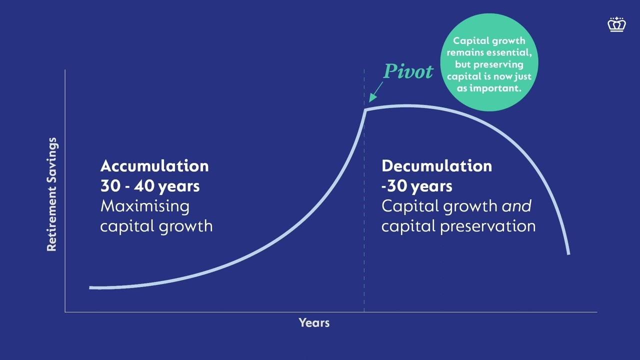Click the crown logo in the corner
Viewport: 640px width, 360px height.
(617, 24)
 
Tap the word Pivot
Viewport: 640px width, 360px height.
(408, 71)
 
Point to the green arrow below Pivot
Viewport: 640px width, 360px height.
(375, 92)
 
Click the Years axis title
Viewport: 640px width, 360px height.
(314, 323)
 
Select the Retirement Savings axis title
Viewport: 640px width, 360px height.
(51, 194)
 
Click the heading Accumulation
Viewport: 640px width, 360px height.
(154, 166)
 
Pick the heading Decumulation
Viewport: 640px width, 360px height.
(437, 166)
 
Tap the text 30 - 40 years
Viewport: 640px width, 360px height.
(150, 186)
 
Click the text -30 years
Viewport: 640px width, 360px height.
(417, 186)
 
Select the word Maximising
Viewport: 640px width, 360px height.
(145, 206)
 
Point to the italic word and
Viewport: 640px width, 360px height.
(516, 206)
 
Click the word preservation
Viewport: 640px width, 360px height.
(487, 226)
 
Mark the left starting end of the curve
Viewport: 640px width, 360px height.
(90, 287)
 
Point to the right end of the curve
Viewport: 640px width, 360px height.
(568, 253)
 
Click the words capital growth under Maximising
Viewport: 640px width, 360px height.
(156, 226)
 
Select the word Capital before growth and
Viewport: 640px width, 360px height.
(411, 206)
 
